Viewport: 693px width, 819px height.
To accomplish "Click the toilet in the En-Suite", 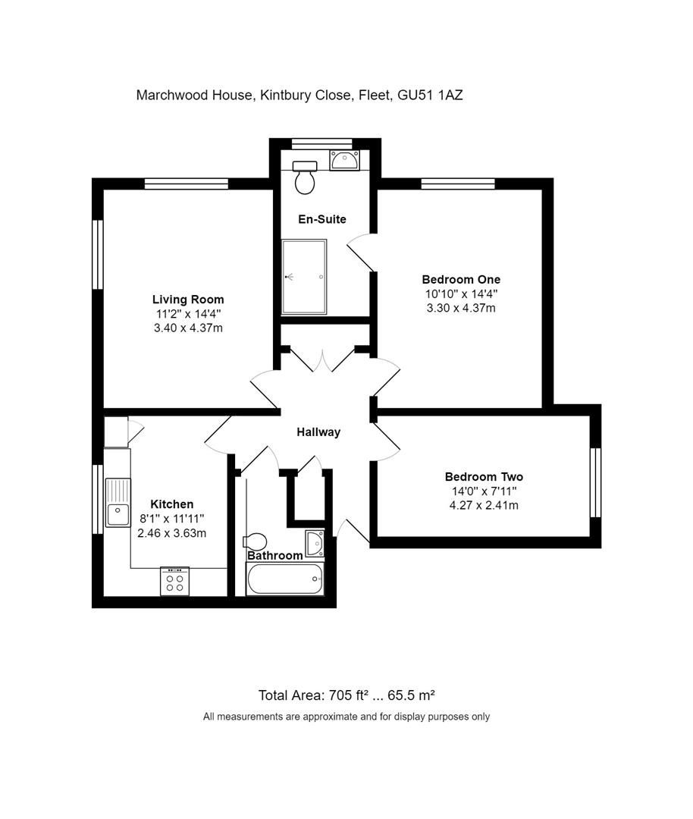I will (x=306, y=177).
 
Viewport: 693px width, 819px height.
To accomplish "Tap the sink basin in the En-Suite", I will (x=343, y=160).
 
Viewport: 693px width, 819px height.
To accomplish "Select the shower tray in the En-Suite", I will (x=304, y=277).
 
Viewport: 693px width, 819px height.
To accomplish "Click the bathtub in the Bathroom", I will (x=284, y=581).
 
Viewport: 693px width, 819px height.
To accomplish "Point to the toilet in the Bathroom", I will (x=255, y=541).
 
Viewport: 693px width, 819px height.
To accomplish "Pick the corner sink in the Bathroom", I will (x=315, y=543).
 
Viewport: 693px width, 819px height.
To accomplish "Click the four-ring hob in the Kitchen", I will (x=174, y=582).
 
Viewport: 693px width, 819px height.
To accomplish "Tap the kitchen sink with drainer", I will (x=118, y=503).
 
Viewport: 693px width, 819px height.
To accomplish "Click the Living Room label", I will (x=188, y=300).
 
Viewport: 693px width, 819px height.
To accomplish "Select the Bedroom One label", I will (x=461, y=279).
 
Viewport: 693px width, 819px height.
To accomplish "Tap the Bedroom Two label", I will (x=484, y=477).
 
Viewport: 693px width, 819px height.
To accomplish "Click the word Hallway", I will (x=318, y=432).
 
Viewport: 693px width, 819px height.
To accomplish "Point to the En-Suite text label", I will (x=321, y=219).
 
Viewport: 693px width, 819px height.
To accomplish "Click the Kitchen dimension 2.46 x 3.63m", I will (x=172, y=533).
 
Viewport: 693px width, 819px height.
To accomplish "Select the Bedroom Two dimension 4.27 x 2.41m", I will (x=484, y=505).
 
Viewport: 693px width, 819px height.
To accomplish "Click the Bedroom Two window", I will (x=595, y=482).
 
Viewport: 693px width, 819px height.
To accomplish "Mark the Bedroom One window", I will (x=458, y=183).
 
